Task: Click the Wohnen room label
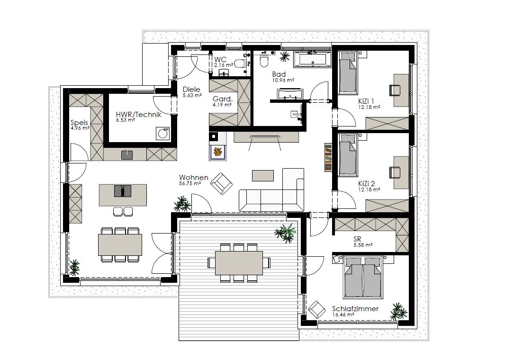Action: click(194, 178)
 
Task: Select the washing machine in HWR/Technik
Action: click(162, 133)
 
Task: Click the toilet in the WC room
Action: click(239, 63)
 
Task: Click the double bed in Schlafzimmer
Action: click(363, 277)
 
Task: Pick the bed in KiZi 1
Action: click(348, 73)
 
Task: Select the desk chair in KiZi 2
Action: click(395, 172)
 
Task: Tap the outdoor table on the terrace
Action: click(239, 262)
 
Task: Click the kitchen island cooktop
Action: click(123, 190)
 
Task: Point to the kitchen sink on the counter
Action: click(127, 155)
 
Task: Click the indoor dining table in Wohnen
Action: click(120, 244)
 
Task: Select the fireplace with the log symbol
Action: click(218, 152)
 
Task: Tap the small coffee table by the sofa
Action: click(263, 175)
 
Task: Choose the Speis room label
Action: click(79, 123)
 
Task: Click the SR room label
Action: click(357, 239)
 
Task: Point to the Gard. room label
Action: click(223, 99)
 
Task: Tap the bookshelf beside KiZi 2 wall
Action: click(328, 157)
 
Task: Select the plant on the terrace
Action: click(286, 232)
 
